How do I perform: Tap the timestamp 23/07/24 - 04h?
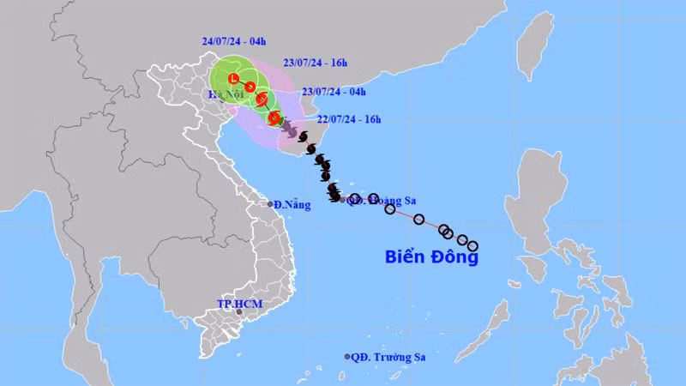tap(335, 92)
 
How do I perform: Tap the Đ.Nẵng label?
tap(292, 204)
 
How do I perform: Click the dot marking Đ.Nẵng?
tap(270, 204)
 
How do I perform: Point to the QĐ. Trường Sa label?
tap(389, 356)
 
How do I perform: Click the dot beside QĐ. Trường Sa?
tap(347, 356)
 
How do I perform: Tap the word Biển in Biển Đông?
tap(406, 256)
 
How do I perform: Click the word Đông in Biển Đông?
tap(454, 256)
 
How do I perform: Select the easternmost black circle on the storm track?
tap(472, 247)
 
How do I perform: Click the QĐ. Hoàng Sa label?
tap(382, 201)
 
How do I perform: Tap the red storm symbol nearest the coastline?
tap(274, 118)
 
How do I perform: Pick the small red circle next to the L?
tap(250, 86)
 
